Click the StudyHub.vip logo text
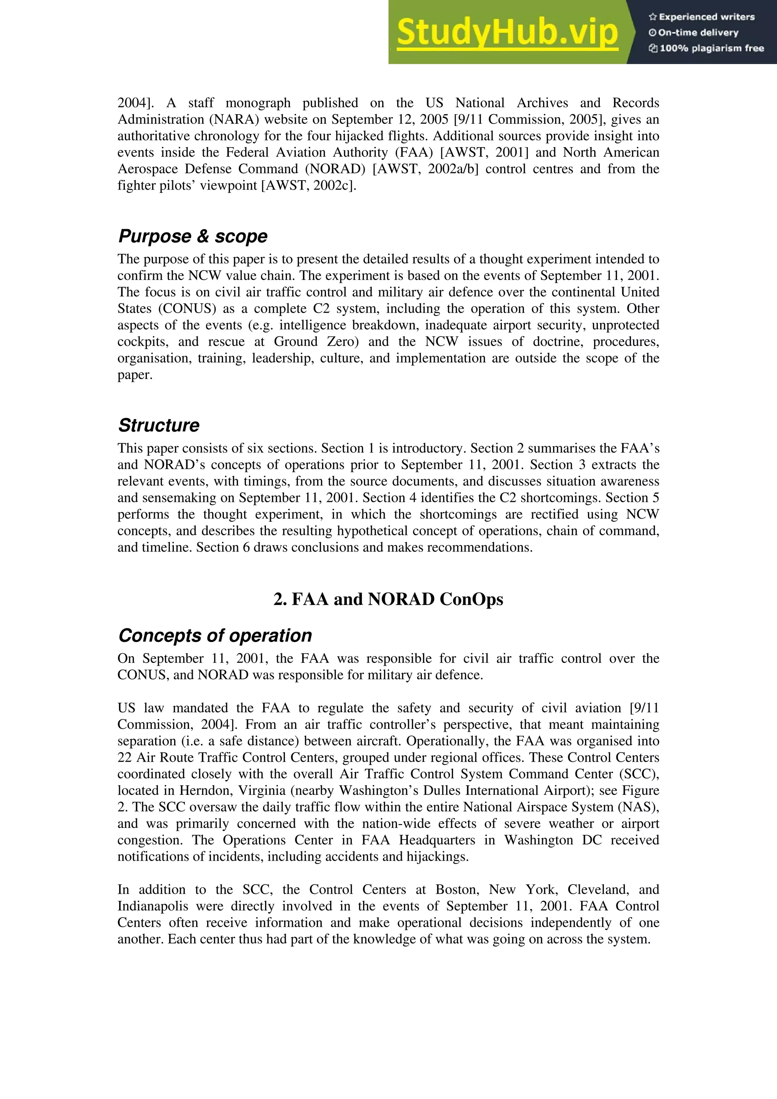[x=508, y=33]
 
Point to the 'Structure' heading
[x=159, y=426]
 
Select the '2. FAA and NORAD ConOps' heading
[x=388, y=599]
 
